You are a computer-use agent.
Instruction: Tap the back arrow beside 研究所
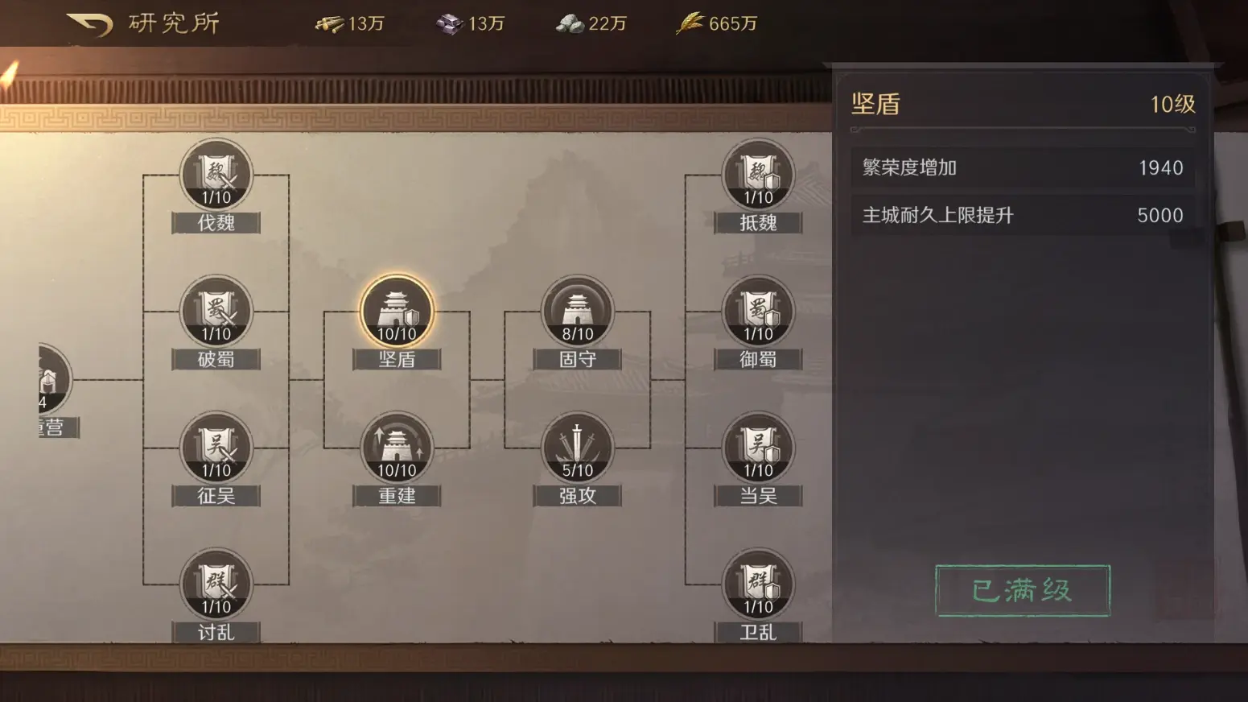(89, 24)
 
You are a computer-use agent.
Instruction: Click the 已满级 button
(1022, 591)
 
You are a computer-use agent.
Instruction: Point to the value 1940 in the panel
(1160, 167)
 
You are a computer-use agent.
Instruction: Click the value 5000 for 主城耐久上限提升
(1159, 215)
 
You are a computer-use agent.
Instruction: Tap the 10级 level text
(1172, 104)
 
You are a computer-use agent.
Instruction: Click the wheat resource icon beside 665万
(690, 23)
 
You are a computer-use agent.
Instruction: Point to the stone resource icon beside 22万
(570, 24)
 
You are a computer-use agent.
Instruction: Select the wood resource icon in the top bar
(329, 24)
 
